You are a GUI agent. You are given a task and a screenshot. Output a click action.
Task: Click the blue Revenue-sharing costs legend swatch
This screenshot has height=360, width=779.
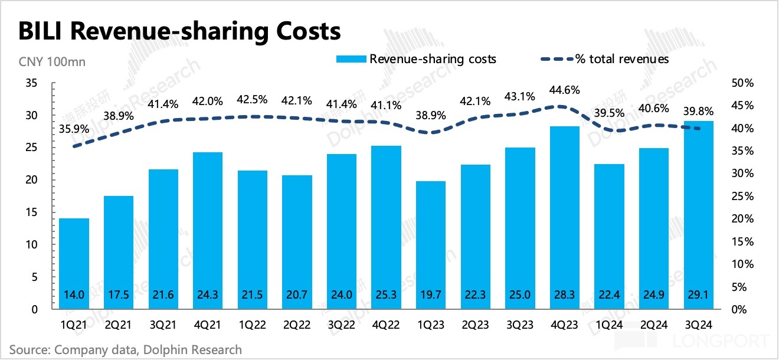point(351,59)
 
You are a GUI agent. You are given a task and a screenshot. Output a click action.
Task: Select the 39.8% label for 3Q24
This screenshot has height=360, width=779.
point(698,112)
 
